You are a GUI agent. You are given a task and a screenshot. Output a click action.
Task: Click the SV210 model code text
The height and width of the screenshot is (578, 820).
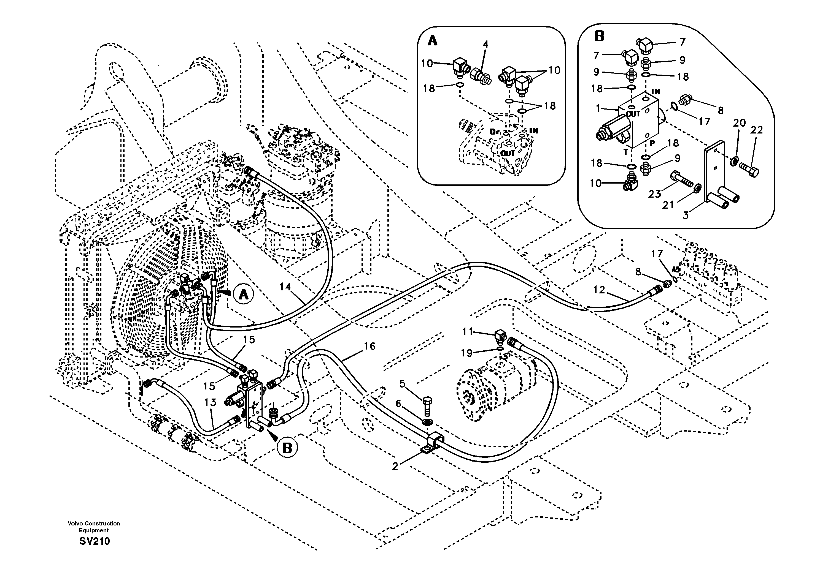[x=95, y=541]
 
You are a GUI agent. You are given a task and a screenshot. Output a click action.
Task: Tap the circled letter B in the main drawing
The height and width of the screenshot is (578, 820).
[x=287, y=448]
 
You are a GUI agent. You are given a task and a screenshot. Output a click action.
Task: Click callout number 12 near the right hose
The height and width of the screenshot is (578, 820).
[x=599, y=290]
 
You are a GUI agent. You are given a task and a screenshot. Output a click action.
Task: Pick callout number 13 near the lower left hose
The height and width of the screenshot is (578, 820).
[x=210, y=402]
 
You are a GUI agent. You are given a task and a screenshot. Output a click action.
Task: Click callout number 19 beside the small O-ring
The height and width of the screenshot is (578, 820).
[x=467, y=353]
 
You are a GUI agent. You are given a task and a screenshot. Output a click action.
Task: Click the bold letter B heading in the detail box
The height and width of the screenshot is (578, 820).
[x=599, y=36]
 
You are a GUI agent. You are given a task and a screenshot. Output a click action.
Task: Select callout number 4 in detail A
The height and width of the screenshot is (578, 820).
[x=485, y=44]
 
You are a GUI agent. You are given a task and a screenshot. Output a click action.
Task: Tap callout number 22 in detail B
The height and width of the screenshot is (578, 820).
[x=756, y=130]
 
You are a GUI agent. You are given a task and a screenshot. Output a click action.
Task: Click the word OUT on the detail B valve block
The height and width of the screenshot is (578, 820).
[x=633, y=114]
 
